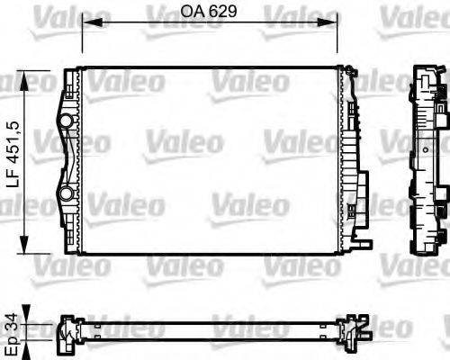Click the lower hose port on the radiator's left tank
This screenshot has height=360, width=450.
[65, 193]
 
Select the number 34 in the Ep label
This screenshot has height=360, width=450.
[11, 311]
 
